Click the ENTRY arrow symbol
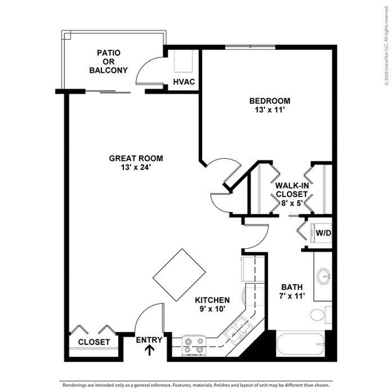coord(149,350)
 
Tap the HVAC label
coord(184,82)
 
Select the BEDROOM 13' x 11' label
coord(269,105)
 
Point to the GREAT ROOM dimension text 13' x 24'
coord(136,167)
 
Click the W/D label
coord(323,233)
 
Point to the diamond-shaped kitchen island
coord(179,274)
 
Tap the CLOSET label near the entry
coord(94,342)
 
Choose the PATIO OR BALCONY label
coord(109,62)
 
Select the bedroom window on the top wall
coord(250,46)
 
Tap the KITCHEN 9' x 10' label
coord(212,305)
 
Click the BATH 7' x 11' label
coord(292,291)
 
